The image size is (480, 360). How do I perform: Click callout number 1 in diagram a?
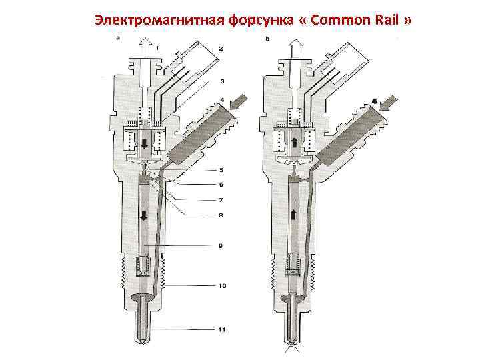(157, 48)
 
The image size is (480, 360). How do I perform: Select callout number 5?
(221, 170)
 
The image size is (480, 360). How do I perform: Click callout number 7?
(221, 199)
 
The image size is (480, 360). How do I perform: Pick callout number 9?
(221, 245)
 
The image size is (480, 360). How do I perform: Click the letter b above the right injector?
(267, 39)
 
